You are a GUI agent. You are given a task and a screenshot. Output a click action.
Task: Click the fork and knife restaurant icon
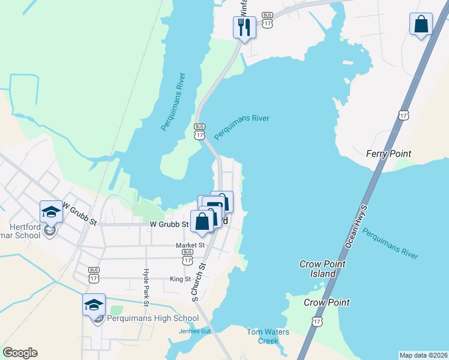[x=244, y=27]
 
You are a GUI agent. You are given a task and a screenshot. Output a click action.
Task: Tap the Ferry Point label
[x=388, y=154]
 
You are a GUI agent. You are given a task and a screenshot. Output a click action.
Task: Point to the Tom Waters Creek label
[x=268, y=336]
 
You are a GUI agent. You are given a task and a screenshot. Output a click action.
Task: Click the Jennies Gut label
[x=195, y=331]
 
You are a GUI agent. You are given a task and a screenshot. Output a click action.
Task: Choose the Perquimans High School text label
[x=153, y=319]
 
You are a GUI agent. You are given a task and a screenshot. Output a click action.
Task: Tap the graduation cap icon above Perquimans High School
[x=94, y=305]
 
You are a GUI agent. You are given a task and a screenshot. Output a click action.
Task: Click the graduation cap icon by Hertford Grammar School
[x=52, y=212]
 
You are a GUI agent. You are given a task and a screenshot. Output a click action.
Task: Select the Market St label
[x=190, y=245]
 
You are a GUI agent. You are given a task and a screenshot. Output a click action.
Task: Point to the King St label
[x=180, y=279]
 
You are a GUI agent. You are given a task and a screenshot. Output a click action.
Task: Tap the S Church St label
[x=198, y=283]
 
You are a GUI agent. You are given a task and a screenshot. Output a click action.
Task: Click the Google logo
[x=20, y=353]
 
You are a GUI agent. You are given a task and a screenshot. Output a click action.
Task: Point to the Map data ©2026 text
[x=423, y=355]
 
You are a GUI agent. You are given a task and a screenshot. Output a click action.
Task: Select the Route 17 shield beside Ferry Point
[x=403, y=115]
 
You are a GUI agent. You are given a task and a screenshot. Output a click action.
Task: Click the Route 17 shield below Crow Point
[x=316, y=322]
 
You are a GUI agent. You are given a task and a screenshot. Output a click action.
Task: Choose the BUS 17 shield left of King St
[x=94, y=275]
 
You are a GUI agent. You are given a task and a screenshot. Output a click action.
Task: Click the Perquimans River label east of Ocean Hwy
[x=391, y=244]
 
